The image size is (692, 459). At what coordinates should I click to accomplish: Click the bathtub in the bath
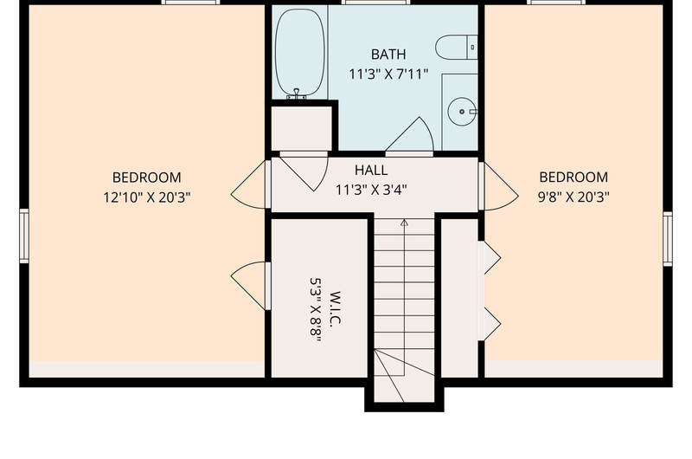[299, 52]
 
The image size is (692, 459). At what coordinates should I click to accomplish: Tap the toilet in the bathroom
[457, 48]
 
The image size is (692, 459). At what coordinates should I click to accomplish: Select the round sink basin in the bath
[462, 112]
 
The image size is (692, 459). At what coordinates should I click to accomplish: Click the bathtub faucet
[297, 94]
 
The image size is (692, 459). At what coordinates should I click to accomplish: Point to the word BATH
[388, 55]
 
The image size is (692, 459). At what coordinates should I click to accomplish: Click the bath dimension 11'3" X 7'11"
[388, 74]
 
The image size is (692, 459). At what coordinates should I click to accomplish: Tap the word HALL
[371, 170]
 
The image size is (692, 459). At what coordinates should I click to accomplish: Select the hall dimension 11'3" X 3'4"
[371, 190]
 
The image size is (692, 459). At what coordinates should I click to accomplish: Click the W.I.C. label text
[335, 309]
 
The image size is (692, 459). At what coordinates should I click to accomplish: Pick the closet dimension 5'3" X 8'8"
[316, 309]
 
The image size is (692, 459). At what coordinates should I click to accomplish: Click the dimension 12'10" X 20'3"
[147, 197]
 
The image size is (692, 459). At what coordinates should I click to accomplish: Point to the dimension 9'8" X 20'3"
[573, 197]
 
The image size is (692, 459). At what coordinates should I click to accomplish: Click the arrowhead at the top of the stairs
[404, 223]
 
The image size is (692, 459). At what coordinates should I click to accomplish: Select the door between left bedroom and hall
[250, 184]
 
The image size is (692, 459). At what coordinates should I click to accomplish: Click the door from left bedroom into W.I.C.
[250, 286]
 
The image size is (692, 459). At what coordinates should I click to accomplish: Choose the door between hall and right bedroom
[499, 186]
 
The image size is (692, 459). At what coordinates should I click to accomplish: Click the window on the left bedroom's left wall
[24, 236]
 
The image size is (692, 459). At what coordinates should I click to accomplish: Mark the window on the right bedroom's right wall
[668, 239]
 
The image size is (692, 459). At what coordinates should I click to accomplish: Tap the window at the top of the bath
[375, 3]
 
